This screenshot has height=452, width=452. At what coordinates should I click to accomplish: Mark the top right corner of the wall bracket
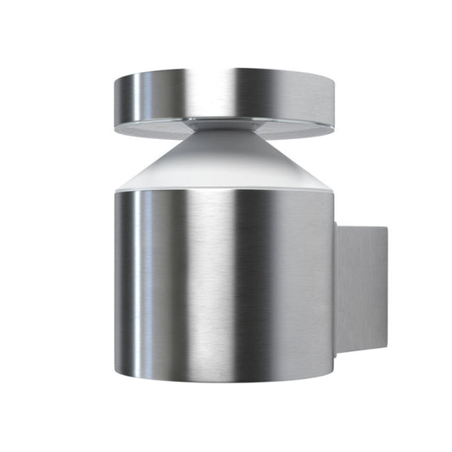[x=385, y=226]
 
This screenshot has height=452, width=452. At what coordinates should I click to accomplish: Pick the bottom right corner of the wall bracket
[x=385, y=349]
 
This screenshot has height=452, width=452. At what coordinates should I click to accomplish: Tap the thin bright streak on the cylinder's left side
[x=136, y=280]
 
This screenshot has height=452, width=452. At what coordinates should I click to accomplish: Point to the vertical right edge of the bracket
[x=385, y=288]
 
